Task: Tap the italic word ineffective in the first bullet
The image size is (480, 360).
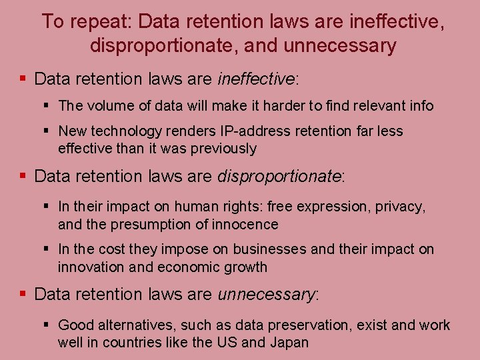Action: pyautogui.click(x=255, y=79)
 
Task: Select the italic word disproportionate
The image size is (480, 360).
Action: pyautogui.click(x=279, y=177)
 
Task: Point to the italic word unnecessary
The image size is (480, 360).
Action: pyautogui.click(x=266, y=294)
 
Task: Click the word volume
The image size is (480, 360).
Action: pyautogui.click(x=107, y=105)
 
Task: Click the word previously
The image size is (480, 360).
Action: pyautogui.click(x=223, y=148)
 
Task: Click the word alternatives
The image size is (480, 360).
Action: pyautogui.click(x=134, y=325)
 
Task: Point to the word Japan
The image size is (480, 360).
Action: pyautogui.click(x=289, y=343)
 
